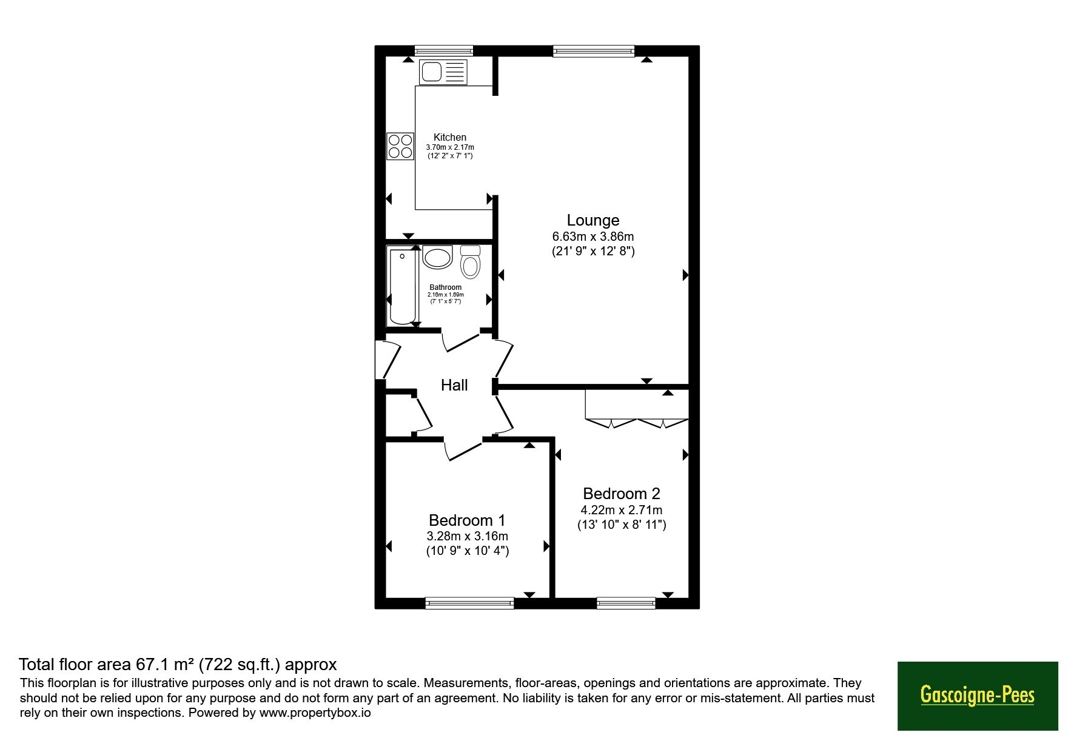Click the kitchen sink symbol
coord(443,72)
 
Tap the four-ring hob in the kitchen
coord(400,146)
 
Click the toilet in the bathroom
coord(470,261)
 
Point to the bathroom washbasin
coord(438,257)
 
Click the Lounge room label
coord(593,220)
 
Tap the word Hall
coord(454,385)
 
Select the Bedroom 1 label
coord(467,520)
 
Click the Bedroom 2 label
coord(622,494)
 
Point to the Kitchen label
coord(450,138)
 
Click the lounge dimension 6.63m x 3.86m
coord(593,237)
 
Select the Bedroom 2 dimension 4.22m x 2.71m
coord(622,510)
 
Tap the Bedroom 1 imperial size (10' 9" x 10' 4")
coord(468,551)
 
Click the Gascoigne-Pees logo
coord(978,696)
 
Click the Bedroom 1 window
coord(470,603)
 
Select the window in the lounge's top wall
coord(594,51)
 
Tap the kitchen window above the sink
coord(443,51)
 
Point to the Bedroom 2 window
coord(626,603)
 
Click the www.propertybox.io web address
coord(315,713)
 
